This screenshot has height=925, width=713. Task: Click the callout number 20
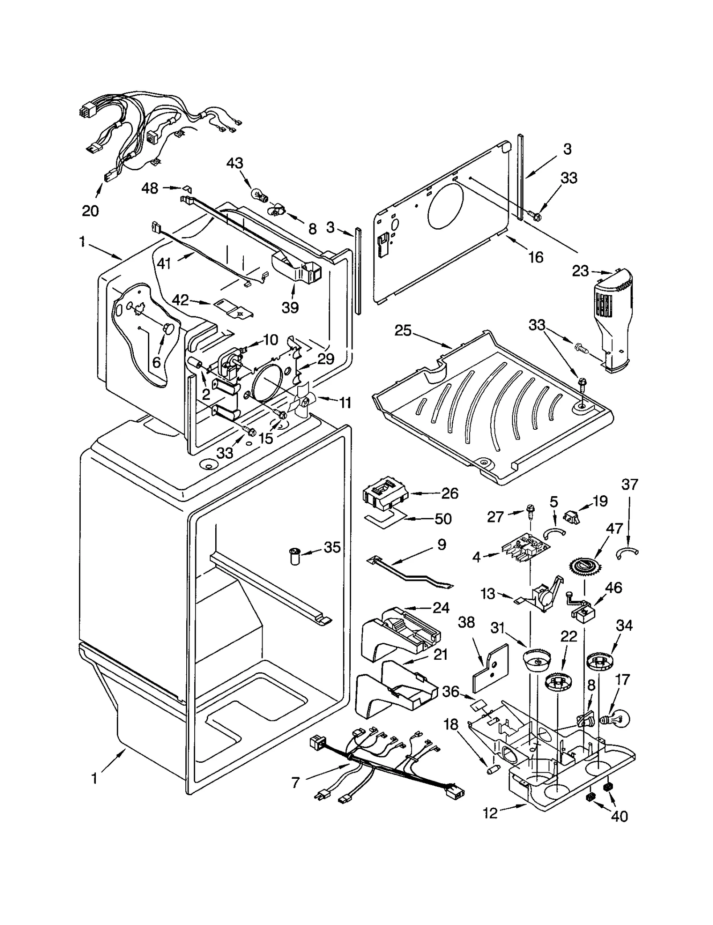[90, 210]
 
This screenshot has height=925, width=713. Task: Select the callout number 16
[536, 257]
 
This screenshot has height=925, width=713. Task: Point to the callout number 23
[580, 271]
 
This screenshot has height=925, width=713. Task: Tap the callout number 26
[450, 493]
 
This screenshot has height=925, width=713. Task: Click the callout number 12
[490, 813]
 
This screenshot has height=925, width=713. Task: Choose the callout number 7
[295, 782]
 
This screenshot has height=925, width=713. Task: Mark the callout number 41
[164, 264]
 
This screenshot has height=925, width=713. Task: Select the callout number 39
[290, 307]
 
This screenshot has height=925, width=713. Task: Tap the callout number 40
[619, 816]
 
